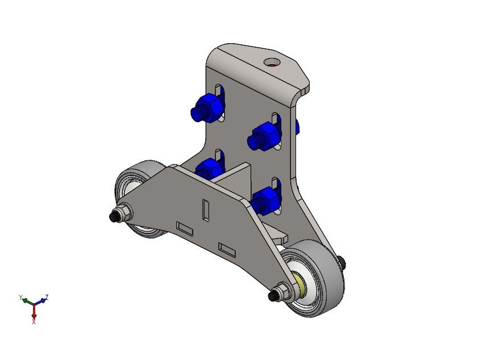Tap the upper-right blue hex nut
pyautogui.click(x=265, y=135)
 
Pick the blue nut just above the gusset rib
pyautogui.click(x=210, y=169)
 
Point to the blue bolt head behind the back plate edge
pyautogui.click(x=297, y=127)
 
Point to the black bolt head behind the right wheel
pyautogui.click(x=340, y=261)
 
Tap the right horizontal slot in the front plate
pyautogui.click(x=227, y=249)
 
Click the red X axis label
pyautogui.click(x=34, y=321)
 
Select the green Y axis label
pyautogui.click(x=20, y=297)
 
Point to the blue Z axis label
pyautogui.click(x=47, y=296)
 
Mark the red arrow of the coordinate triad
pyautogui.click(x=34, y=311)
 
